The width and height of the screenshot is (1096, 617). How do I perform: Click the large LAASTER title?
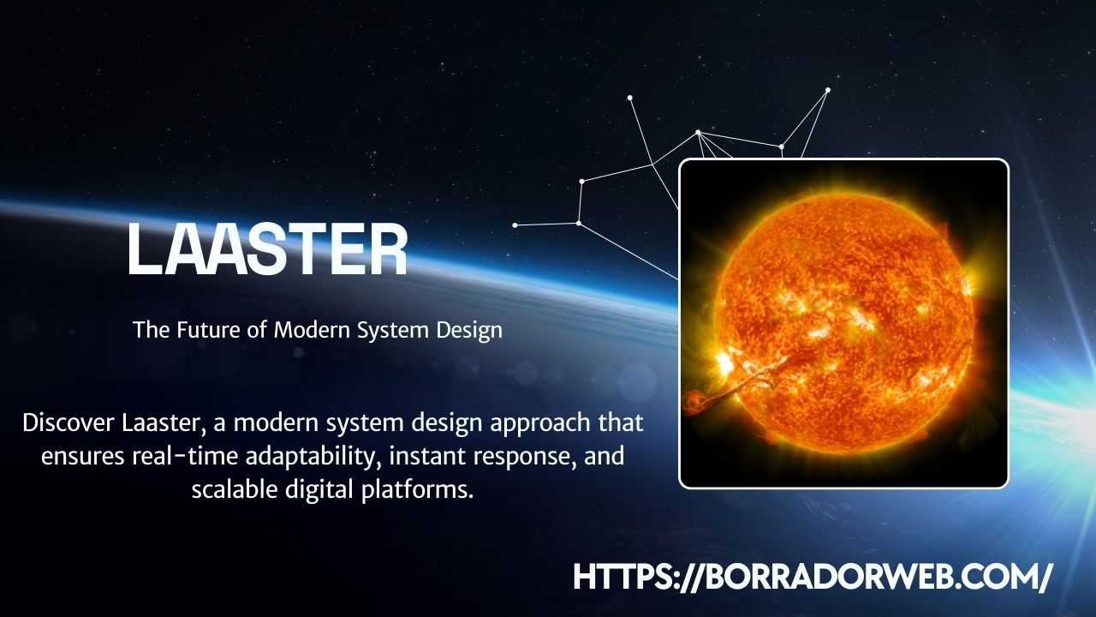[x=267, y=249]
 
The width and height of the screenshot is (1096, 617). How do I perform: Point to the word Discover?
[x=68, y=422]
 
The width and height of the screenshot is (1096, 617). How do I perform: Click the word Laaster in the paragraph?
[x=166, y=422]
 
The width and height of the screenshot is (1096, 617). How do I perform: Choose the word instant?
[x=421, y=456]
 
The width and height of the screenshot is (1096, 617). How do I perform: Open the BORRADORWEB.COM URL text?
[x=812, y=576]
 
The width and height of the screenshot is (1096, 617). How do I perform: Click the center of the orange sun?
[x=843, y=324]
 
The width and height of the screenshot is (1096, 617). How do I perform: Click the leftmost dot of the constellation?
[x=515, y=225]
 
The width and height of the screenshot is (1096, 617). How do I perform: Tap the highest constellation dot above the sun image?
[x=828, y=89]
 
